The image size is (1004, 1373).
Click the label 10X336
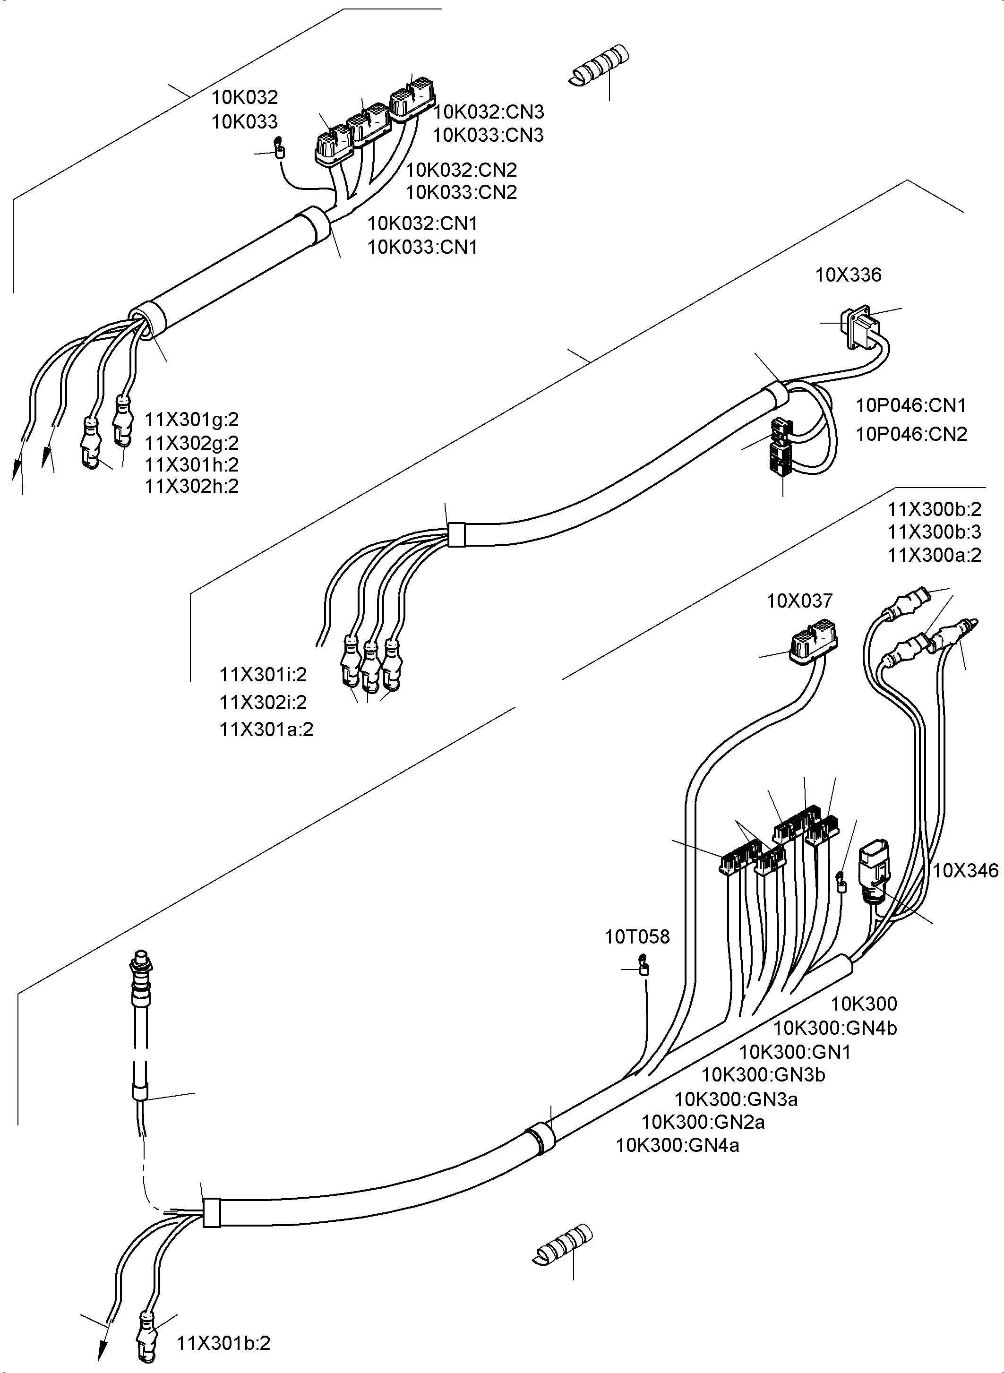coord(848,275)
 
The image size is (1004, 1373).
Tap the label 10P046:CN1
coord(910,405)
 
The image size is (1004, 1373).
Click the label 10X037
coord(799,601)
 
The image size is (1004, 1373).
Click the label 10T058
coord(636,937)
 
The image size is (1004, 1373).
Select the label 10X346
coord(965,871)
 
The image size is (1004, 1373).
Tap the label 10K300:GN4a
coord(678,1146)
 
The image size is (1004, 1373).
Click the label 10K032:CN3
coord(488,112)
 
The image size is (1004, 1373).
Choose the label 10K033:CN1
coord(422,248)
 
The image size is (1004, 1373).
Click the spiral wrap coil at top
coord(599,65)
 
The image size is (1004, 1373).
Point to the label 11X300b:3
coord(934,532)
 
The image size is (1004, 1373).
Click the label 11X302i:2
coord(263,703)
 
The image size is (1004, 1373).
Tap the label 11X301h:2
coord(191,465)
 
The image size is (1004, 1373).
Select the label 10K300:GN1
coord(794,1052)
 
